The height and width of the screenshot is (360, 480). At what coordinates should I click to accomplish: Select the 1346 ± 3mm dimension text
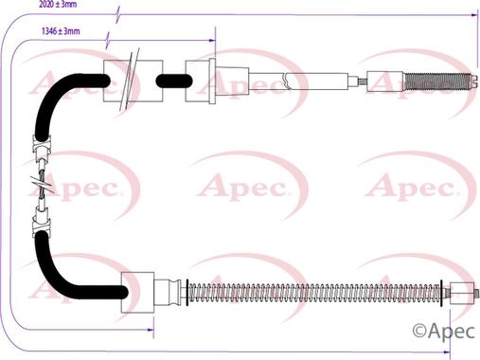(x=61, y=32)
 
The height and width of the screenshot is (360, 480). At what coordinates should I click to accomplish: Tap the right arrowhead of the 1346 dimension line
(x=214, y=41)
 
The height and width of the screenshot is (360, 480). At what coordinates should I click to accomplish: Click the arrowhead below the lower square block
(x=150, y=329)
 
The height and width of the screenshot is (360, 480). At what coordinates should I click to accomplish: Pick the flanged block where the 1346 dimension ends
(x=204, y=81)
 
